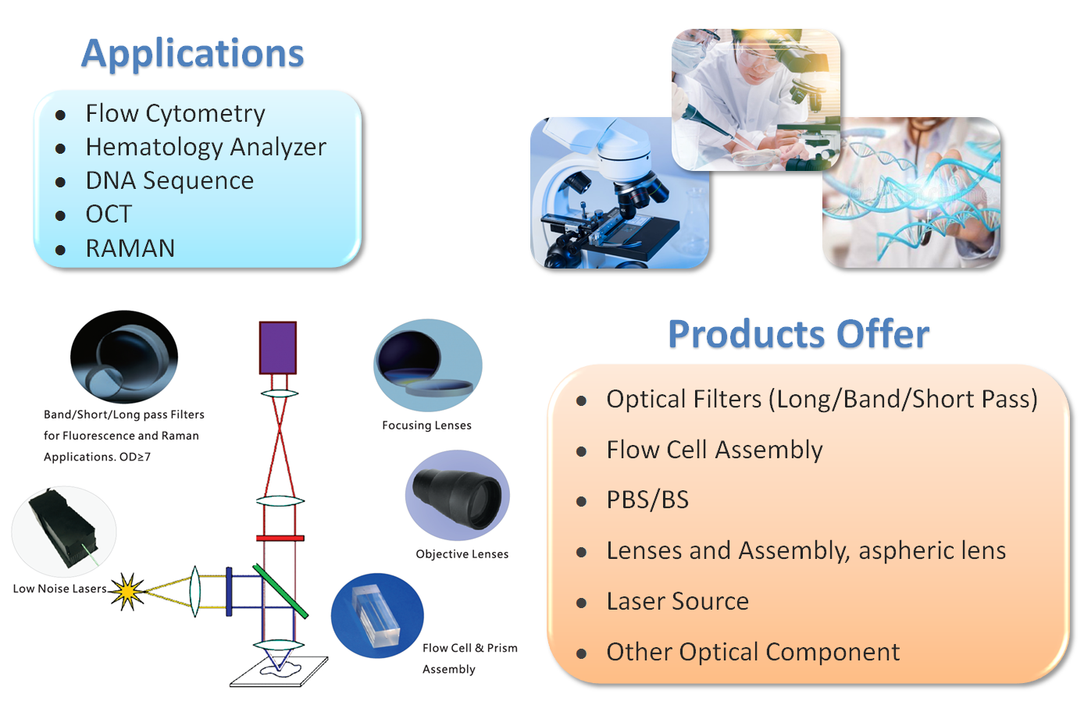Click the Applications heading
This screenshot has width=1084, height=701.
pos(192,54)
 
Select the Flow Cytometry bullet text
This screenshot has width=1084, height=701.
pos(175,114)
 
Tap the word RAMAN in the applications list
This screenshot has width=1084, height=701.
pos(130,248)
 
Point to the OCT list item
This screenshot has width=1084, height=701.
pos(109,214)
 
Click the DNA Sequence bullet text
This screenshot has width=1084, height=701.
pos(169,180)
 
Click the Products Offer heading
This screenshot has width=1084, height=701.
pos(798,334)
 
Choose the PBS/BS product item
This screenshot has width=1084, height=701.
pos(647,500)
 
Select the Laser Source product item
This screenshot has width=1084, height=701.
pos(677,601)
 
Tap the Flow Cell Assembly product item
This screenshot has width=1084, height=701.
pos(714,450)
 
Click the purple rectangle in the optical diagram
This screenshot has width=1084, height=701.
pos(277,347)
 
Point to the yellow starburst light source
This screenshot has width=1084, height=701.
pos(127,592)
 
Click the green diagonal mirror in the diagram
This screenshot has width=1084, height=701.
pos(280,591)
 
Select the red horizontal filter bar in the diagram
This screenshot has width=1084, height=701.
pos(280,538)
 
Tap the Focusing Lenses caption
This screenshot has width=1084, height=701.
pos(426,425)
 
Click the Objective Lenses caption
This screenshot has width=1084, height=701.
pos(462,554)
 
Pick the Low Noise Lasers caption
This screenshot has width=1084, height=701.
pos(59,589)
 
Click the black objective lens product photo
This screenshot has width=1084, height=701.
pos(458,495)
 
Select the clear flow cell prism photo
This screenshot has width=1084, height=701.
pos(377,616)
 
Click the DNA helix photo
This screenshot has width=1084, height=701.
pos(911,193)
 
